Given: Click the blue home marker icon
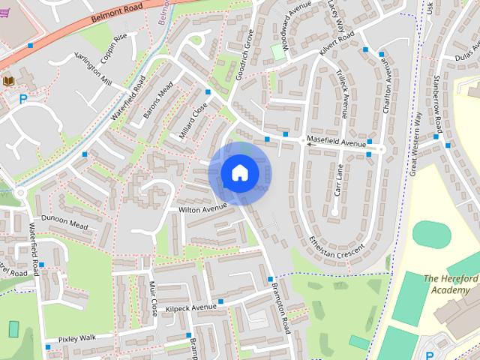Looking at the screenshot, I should click(239, 172).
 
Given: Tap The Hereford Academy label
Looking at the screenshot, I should click(450, 284).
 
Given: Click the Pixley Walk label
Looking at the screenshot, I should click(78, 339).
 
